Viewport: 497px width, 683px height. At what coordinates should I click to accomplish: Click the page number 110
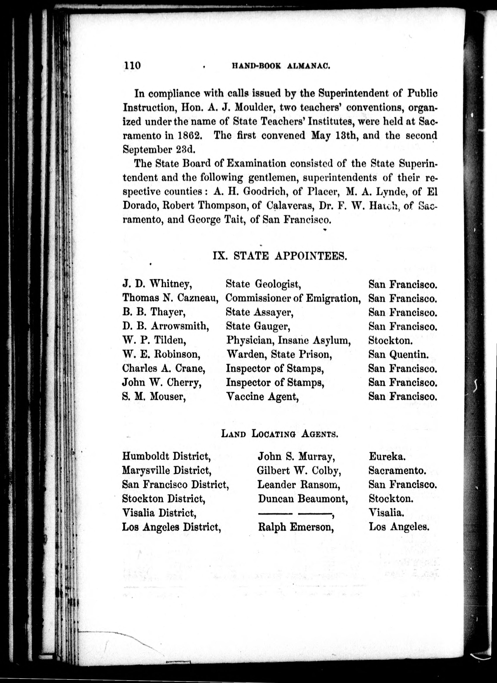pyautogui.click(x=132, y=65)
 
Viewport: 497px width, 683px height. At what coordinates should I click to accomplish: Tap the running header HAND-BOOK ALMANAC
pyautogui.click(x=281, y=66)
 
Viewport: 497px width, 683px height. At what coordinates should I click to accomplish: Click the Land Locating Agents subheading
pyautogui.click(x=280, y=434)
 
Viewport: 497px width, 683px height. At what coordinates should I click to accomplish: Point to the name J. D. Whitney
pyautogui.click(x=157, y=284)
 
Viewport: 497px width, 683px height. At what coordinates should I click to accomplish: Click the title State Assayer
pyautogui.click(x=260, y=312)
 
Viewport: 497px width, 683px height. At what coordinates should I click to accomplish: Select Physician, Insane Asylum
pyautogui.click(x=288, y=340)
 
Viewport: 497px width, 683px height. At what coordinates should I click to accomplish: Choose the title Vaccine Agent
pyautogui.click(x=262, y=397)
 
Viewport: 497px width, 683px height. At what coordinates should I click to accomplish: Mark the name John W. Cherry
pyautogui.click(x=162, y=382)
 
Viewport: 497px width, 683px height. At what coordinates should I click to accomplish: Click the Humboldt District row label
pyautogui.click(x=166, y=456)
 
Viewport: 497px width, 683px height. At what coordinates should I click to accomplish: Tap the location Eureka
pyautogui.click(x=387, y=456)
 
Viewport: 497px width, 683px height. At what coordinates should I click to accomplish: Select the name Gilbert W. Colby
pyautogui.click(x=299, y=470)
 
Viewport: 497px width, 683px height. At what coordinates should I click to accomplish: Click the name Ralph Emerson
pyautogui.click(x=296, y=527)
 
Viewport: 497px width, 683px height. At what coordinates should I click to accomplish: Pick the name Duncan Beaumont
pyautogui.click(x=303, y=499)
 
